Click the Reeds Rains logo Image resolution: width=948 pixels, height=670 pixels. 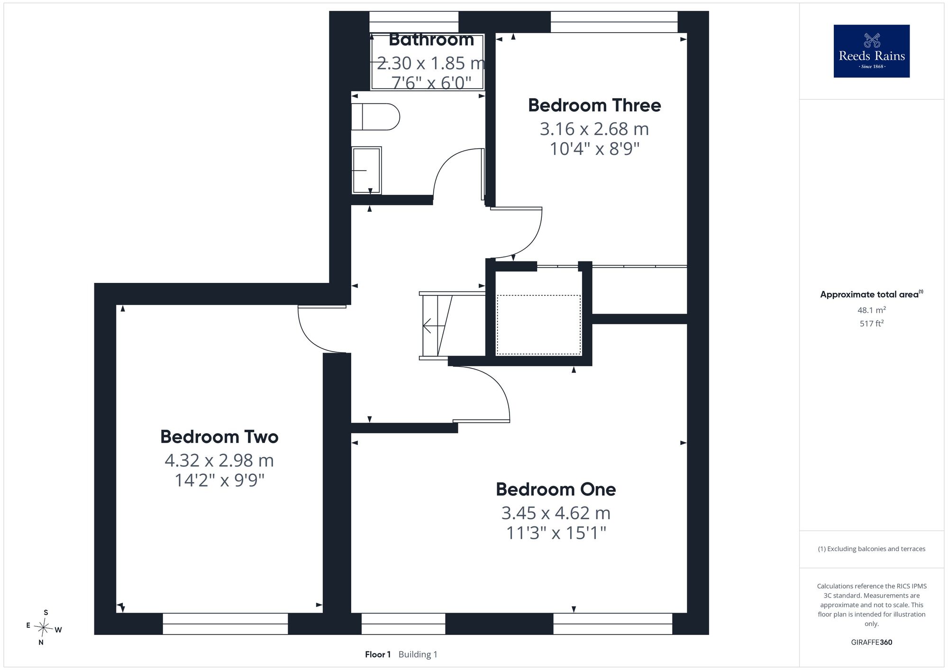[x=872, y=51]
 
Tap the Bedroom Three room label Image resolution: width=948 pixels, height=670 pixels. [x=594, y=105]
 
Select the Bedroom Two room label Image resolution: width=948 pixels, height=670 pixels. [x=219, y=437]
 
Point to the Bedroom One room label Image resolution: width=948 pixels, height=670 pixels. [x=556, y=489]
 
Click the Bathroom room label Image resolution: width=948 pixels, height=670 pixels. [x=431, y=39]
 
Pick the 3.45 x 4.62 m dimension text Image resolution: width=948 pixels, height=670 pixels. [x=556, y=513]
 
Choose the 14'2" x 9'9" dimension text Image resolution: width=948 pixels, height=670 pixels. [x=219, y=480]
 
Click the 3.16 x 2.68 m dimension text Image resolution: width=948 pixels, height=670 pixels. [x=594, y=129]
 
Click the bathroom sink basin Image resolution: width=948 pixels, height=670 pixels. [x=366, y=170]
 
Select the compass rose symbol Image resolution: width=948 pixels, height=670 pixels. [x=44, y=628]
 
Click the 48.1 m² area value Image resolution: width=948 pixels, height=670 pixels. [x=871, y=310]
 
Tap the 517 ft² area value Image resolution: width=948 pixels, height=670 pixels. [x=871, y=324]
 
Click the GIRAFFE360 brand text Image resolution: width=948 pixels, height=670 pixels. [x=871, y=643]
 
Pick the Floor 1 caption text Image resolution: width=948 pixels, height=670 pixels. [x=378, y=655]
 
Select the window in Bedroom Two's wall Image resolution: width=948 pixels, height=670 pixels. [x=225, y=624]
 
